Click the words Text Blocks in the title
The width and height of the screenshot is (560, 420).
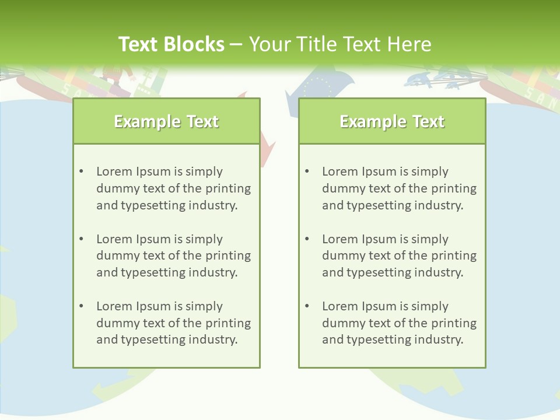click(171, 44)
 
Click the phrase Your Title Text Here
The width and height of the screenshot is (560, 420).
click(340, 44)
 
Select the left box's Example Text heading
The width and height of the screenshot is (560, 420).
click(166, 121)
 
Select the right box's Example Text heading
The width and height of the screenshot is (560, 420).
click(392, 121)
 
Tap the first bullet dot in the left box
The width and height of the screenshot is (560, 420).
click(81, 171)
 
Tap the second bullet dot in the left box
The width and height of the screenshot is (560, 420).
click(81, 239)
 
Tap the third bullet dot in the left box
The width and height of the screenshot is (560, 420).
click(81, 306)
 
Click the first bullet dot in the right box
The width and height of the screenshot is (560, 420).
click(307, 171)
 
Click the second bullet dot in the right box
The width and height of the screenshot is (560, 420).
click(307, 239)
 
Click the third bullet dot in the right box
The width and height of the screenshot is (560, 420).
click(307, 306)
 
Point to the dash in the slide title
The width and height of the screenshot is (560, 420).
click(237, 44)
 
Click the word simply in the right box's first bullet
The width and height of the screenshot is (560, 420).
click(430, 171)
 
